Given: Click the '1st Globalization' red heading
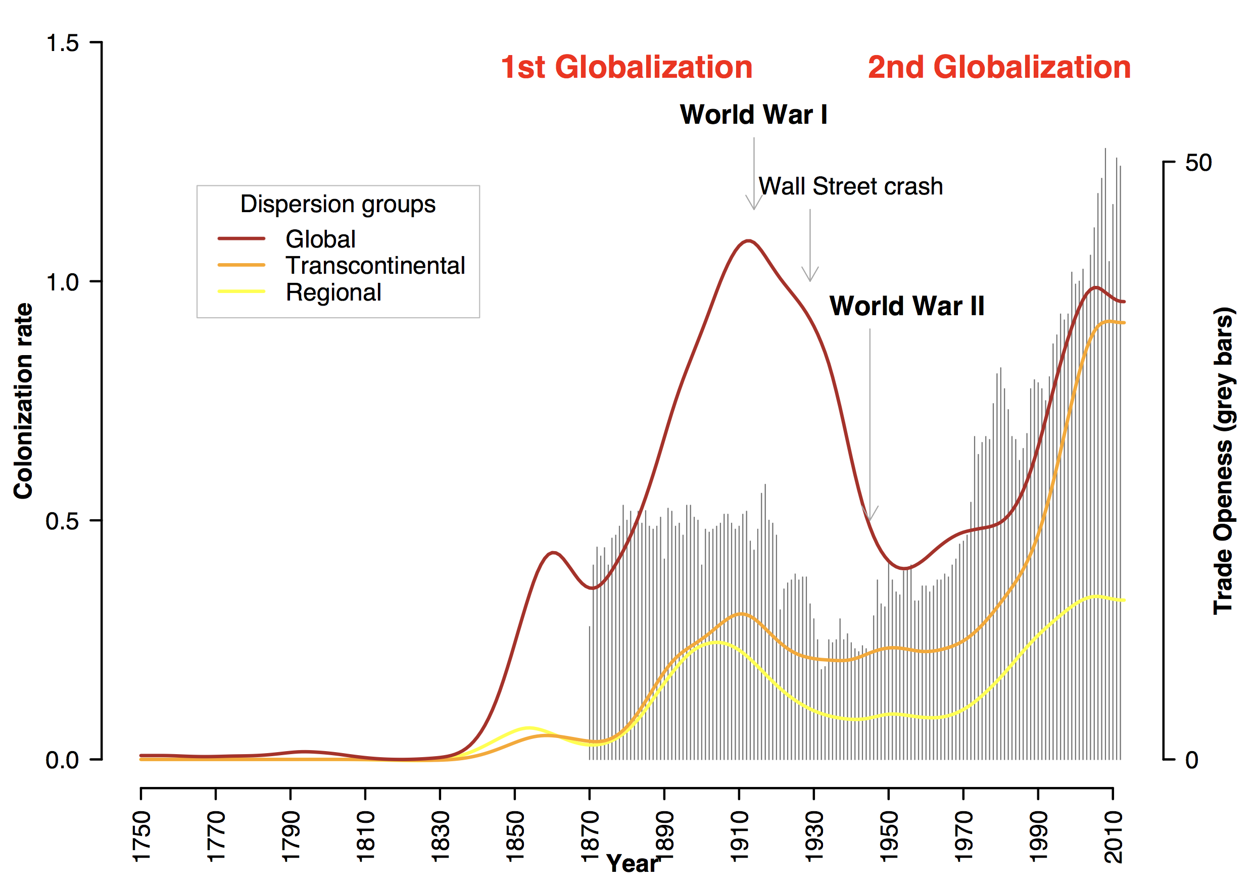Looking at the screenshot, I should tap(626, 67).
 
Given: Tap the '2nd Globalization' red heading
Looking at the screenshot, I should tap(999, 67).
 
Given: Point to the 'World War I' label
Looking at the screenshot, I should tap(753, 115).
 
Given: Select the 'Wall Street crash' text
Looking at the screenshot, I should tap(851, 186).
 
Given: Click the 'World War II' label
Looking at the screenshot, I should tap(906, 306).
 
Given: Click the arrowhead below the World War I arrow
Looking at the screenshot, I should tap(754, 207).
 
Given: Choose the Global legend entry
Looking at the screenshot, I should tap(320, 239).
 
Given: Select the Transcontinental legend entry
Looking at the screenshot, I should tap(375, 266).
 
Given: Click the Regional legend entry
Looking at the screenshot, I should tap(333, 292).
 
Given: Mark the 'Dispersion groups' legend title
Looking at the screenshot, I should tap(338, 204).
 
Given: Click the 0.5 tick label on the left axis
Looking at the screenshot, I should tap(62, 521).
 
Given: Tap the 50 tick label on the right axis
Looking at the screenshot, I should tap(1198, 163).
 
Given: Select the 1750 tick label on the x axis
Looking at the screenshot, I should tap(141, 836).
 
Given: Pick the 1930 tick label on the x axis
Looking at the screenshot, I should tap(814, 836).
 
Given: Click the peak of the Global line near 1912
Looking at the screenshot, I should tap(747, 240).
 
